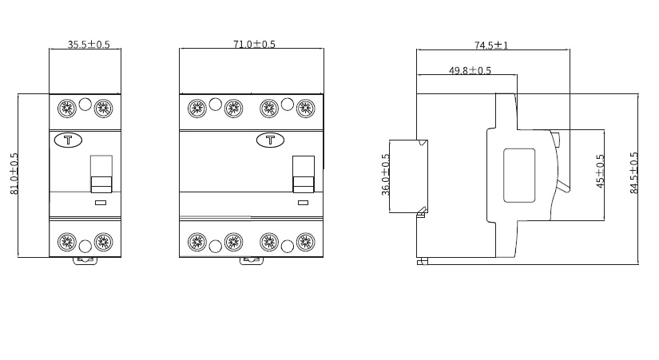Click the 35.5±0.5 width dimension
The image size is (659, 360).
click(x=89, y=45)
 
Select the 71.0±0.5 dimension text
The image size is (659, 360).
click(x=254, y=45)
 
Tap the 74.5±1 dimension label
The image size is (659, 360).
click(x=491, y=45)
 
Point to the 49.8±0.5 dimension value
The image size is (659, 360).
click(x=470, y=70)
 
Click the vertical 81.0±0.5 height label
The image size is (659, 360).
click(x=14, y=174)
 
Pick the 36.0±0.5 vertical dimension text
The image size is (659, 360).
click(x=386, y=175)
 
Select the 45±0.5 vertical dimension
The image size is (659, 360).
click(x=601, y=171)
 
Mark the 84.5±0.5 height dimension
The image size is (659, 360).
click(x=634, y=172)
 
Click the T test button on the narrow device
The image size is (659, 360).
click(x=68, y=140)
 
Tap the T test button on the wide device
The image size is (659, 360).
click(x=270, y=140)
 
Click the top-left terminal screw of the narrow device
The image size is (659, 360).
click(x=67, y=107)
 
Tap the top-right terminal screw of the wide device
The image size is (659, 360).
click(x=304, y=107)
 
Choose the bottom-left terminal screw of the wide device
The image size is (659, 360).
click(x=197, y=241)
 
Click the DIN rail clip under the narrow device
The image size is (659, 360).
click(x=85, y=259)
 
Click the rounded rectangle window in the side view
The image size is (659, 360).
click(x=518, y=175)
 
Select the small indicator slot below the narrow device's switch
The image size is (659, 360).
click(x=101, y=203)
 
